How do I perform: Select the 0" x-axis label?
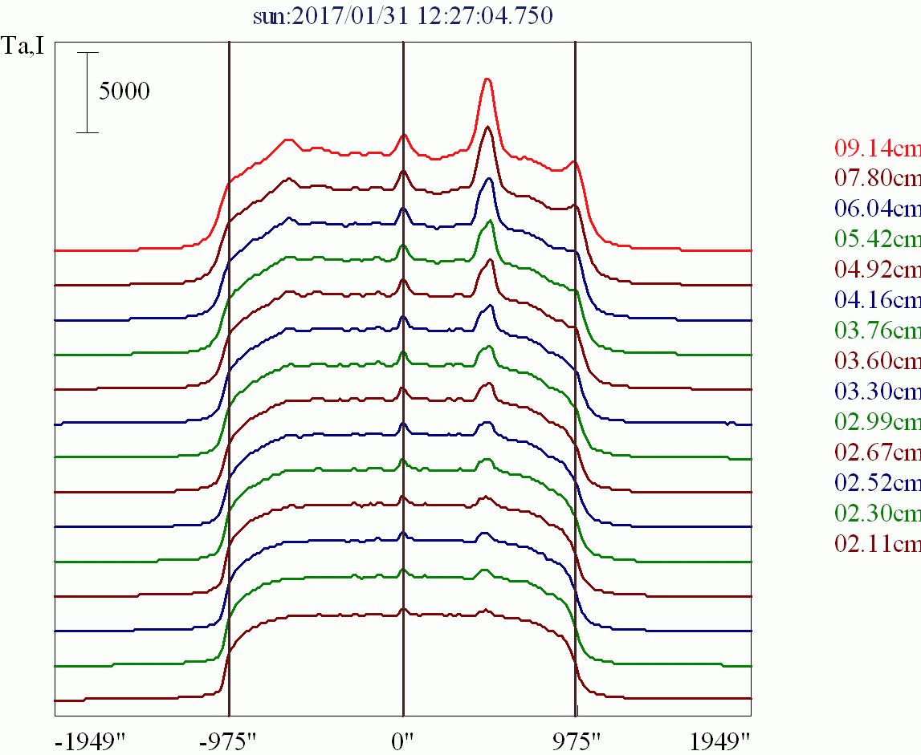coord(402,741)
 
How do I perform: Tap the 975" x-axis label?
coord(576,741)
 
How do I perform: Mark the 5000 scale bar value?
coord(124,91)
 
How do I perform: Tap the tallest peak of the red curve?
coord(487,79)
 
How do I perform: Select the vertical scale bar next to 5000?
coord(88,92)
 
